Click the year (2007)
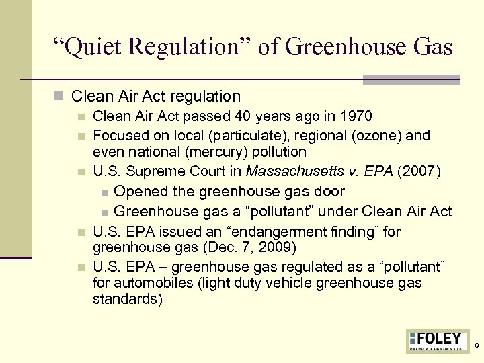[x=419, y=172]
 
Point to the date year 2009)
[x=277, y=248]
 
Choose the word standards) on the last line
[x=127, y=299]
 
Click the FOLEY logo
[x=437, y=339]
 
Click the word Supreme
[x=150, y=172]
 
